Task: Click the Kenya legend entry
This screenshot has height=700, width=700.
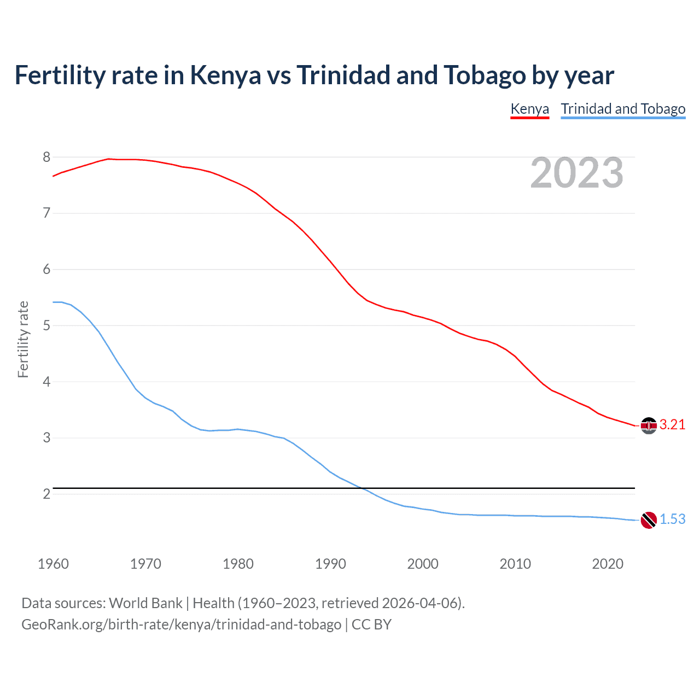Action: pos(529,109)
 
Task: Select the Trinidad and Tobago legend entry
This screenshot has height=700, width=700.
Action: pos(623,109)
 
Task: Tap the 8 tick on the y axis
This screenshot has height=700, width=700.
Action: pos(46,157)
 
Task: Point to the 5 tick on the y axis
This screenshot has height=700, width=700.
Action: pos(46,326)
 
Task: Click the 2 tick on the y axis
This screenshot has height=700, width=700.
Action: pos(46,494)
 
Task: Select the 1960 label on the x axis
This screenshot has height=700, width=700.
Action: pos(53,564)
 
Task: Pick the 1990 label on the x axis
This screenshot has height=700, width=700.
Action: pos(330,564)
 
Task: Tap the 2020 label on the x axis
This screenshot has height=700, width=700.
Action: pos(608,564)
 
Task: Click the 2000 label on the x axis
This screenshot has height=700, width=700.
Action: pos(423,564)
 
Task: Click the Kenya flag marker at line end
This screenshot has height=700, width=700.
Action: pos(649,425)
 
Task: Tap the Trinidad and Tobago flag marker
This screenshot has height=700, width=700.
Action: pos(649,520)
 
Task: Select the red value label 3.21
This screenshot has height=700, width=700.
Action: pos(672,425)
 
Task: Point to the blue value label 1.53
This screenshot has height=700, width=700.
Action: pos(672,520)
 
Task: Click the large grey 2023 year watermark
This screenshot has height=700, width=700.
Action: pos(576,173)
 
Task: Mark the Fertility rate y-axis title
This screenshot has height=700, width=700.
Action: pos(23,339)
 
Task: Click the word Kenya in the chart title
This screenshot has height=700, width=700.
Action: pos(225,75)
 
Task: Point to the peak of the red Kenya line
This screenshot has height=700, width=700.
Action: pos(108,159)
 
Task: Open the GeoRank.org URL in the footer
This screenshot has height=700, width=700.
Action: pos(181,625)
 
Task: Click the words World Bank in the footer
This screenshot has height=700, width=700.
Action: pos(145,603)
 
